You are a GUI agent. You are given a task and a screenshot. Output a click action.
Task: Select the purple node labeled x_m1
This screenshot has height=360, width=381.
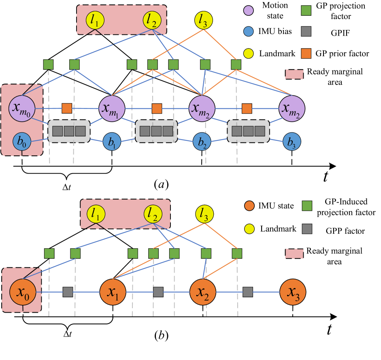pos(112,108)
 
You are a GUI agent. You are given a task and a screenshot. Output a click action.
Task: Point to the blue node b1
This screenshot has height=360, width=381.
pos(112,142)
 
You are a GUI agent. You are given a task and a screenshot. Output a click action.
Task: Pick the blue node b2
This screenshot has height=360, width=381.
pos(202,142)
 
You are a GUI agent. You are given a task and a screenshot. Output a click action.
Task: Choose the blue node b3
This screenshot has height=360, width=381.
pos(292,142)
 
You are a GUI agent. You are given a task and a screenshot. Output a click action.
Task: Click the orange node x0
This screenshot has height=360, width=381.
pos(23,292)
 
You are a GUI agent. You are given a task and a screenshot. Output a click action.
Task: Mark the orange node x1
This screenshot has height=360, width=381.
pos(113,292)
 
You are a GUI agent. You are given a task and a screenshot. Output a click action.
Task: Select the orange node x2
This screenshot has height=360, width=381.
pos(203,292)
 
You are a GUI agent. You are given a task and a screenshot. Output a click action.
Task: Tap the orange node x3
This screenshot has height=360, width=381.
pos(293,292)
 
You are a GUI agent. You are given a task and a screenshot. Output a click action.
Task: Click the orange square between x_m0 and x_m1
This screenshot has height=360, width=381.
pos(67,108)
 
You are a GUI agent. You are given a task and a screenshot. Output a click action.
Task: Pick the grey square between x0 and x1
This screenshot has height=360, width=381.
pos(68,292)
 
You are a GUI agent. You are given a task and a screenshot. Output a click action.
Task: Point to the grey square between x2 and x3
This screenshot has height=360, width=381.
pos(248,292)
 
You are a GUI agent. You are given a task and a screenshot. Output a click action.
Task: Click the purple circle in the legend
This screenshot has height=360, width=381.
pos(249,11)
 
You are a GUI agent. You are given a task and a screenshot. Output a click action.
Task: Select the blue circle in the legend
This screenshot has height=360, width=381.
pos(249,32)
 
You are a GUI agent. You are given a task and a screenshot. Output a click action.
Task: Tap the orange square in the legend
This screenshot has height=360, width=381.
pos(306,53)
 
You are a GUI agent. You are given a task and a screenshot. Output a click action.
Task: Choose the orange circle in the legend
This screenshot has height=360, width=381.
pos(249,206)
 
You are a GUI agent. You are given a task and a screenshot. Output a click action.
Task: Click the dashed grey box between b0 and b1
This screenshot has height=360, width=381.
pos(69,131)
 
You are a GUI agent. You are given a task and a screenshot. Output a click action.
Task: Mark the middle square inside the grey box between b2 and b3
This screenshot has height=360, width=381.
pos(249,131)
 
